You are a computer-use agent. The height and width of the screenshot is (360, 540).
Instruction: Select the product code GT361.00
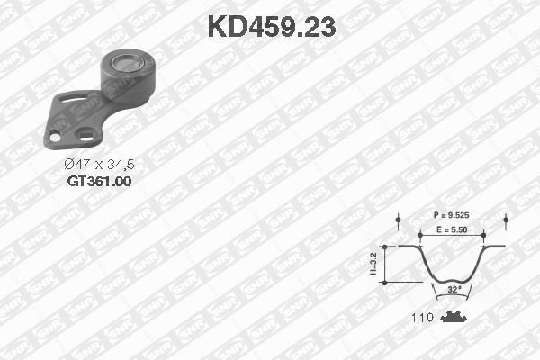tap(99, 180)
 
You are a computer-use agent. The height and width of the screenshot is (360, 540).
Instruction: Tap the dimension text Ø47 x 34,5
tap(99, 164)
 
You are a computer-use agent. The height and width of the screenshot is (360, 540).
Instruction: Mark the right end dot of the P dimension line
tap(508, 218)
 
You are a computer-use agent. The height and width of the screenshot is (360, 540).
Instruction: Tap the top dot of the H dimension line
tap(386, 245)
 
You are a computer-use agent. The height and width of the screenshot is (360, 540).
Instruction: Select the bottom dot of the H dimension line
tap(386, 283)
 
